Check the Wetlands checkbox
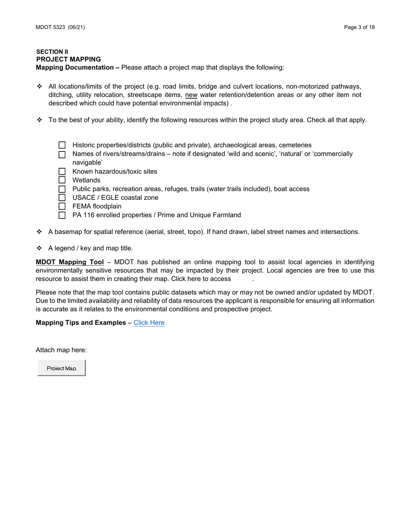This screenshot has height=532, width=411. (x=62, y=180)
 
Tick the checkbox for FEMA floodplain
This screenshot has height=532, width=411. (x=62, y=206)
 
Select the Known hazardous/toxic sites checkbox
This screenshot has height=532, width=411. (x=62, y=171)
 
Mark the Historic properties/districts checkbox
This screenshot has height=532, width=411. (x=62, y=145)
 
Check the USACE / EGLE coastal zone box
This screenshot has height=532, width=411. (x=62, y=198)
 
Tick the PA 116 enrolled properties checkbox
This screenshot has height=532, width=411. (x=62, y=215)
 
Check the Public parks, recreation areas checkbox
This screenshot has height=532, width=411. (x=62, y=189)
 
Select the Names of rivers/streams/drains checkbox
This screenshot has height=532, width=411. (x=62, y=154)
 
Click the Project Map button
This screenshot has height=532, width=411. (x=61, y=368)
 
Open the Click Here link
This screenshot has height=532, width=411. (x=149, y=323)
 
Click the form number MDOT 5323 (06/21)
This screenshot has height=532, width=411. (x=60, y=27)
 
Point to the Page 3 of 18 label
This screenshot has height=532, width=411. (x=359, y=27)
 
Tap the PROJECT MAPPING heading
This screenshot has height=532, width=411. (x=68, y=59)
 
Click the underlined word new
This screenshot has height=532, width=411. (x=191, y=95)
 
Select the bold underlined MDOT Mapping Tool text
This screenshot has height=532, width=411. (x=70, y=262)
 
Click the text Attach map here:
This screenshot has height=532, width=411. (x=61, y=350)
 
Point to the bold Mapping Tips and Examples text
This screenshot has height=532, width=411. (x=81, y=323)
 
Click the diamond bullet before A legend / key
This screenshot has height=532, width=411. (x=39, y=248)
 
